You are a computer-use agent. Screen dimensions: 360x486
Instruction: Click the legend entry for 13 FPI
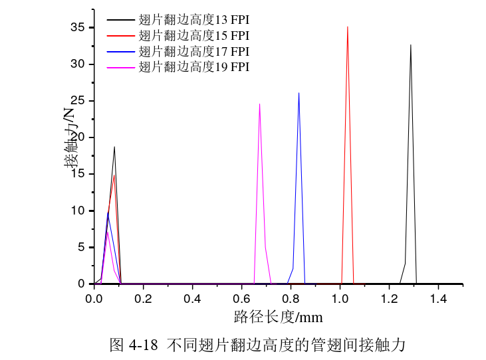(193, 19)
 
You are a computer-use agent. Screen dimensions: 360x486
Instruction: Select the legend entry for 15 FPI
(193, 35)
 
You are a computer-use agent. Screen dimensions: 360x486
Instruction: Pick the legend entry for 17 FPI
(193, 50)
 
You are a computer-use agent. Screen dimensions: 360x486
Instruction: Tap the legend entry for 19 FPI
(193, 66)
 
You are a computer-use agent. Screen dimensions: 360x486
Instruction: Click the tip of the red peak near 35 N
(347, 27)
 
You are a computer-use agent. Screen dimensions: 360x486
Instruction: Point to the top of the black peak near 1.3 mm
(411, 45)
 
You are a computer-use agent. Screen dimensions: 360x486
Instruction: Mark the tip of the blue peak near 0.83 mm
(299, 92)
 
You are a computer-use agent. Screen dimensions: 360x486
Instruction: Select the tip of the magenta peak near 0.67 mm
(259, 103)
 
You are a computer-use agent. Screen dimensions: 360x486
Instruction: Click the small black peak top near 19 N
(114, 147)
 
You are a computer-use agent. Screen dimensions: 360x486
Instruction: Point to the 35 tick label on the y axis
(78, 27)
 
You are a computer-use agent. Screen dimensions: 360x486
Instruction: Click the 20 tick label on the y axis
(78, 137)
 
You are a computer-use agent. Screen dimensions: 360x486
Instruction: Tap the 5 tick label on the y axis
(82, 247)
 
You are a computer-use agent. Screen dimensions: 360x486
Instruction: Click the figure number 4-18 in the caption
(143, 345)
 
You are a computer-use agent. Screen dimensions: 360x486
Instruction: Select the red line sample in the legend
(120, 35)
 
